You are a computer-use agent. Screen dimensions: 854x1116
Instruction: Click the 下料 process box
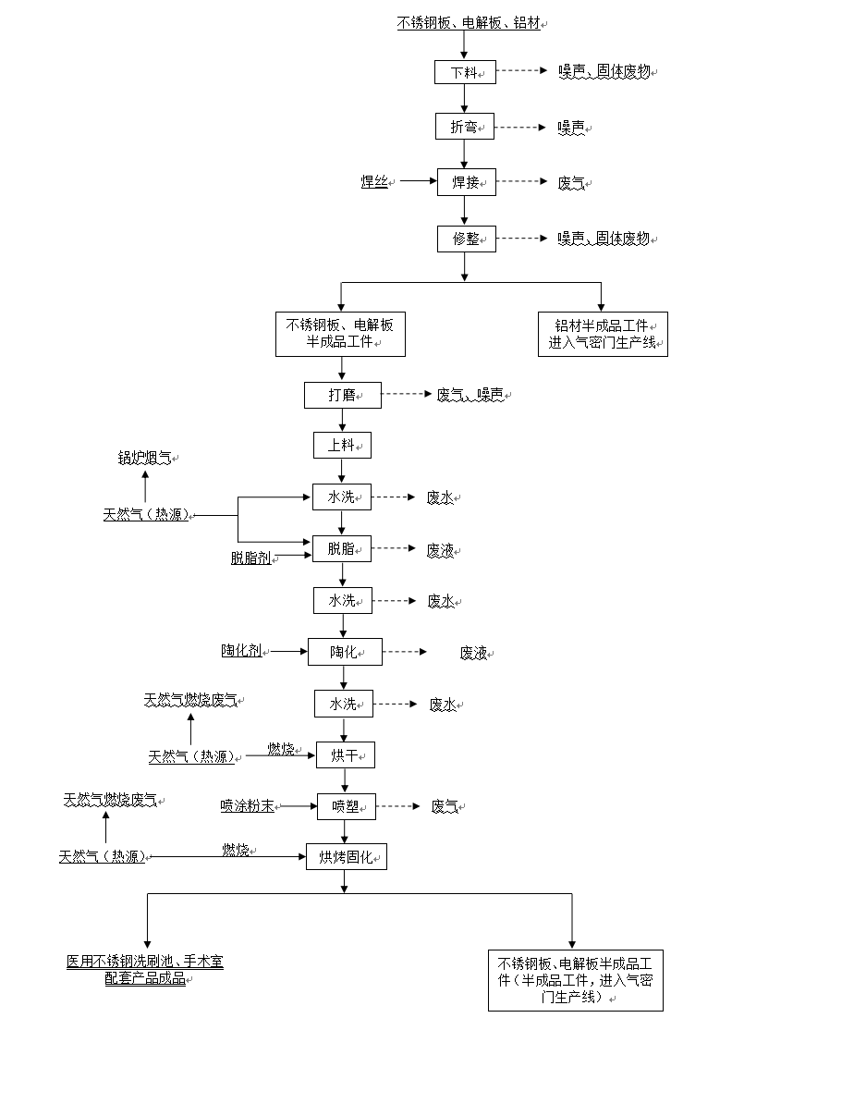click(x=465, y=72)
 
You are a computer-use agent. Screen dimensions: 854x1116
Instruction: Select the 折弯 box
click(x=465, y=127)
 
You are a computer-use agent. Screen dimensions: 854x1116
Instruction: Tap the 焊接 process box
click(x=466, y=182)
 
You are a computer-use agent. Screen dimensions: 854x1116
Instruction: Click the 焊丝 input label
click(x=374, y=181)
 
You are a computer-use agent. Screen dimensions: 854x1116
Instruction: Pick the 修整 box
click(x=466, y=239)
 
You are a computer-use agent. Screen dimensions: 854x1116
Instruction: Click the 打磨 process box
click(x=342, y=395)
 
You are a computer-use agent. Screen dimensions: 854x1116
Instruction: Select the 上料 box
click(x=342, y=445)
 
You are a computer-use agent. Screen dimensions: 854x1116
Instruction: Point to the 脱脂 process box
click(x=341, y=548)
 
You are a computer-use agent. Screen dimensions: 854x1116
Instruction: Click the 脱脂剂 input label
click(x=251, y=558)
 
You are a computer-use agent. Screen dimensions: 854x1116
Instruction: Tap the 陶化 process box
click(x=345, y=652)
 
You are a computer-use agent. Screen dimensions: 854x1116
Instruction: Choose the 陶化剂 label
click(x=242, y=650)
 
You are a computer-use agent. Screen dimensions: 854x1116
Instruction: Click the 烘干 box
click(x=345, y=755)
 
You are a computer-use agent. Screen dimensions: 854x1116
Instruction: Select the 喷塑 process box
click(x=346, y=806)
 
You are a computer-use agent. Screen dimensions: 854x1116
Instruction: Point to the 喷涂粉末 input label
click(x=248, y=806)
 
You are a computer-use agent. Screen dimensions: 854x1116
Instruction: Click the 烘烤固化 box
click(x=346, y=856)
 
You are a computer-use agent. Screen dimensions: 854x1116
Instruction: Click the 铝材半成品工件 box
click(x=603, y=334)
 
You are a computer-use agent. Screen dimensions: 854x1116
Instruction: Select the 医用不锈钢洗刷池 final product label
click(x=145, y=970)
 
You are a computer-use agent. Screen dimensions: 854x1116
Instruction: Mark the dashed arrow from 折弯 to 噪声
click(x=520, y=127)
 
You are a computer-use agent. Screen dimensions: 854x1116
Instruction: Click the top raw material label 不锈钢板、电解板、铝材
click(x=469, y=22)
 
